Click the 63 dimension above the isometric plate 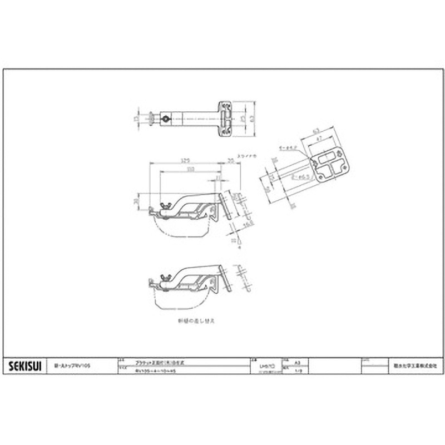pyautogui.click(x=315, y=130)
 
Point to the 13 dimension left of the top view pyautogui.click(x=136, y=118)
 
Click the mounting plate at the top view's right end pyautogui.click(x=226, y=118)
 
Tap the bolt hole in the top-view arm pyautogui.click(x=165, y=118)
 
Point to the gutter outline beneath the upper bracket pyautogui.click(x=184, y=228)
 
